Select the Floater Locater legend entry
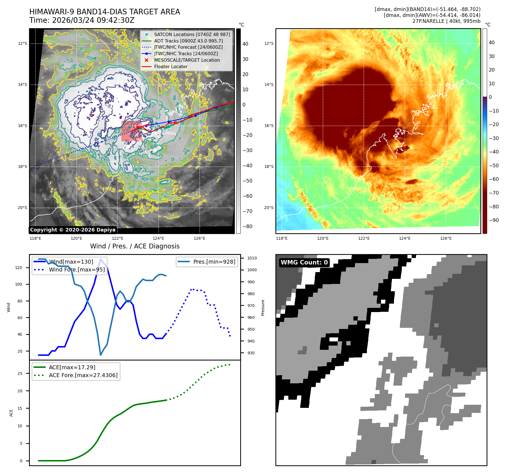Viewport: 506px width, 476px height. pyautogui.click(x=171, y=66)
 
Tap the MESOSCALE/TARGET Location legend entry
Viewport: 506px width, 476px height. pyautogui.click(x=187, y=60)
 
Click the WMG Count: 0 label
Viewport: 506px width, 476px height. pyautogui.click(x=304, y=263)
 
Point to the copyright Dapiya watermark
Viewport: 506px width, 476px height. pyautogui.click(x=73, y=230)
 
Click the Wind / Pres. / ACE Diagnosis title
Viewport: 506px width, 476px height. pyautogui.click(x=135, y=246)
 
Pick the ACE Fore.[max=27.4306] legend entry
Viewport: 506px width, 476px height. pyautogui.click(x=83, y=375)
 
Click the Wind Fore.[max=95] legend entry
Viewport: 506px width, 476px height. pyautogui.click(x=77, y=270)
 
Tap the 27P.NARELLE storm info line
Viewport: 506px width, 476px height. pyautogui.click(x=446, y=21)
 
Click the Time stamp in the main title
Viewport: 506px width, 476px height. pyautogui.click(x=82, y=21)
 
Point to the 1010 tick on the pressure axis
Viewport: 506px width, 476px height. pyautogui.click(x=252, y=258)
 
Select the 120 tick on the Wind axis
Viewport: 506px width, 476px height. pyautogui.click(x=19, y=268)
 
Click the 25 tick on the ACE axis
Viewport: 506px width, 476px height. pyautogui.click(x=20, y=373)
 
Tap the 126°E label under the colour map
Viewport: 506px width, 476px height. pyautogui.click(x=446, y=238)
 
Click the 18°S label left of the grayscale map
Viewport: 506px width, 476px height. pyautogui.click(x=23, y=167)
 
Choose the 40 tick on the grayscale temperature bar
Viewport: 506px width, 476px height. pyautogui.click(x=245, y=44)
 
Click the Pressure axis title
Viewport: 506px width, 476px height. pyautogui.click(x=263, y=308)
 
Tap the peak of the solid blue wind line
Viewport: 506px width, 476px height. pyautogui.click(x=101, y=259)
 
